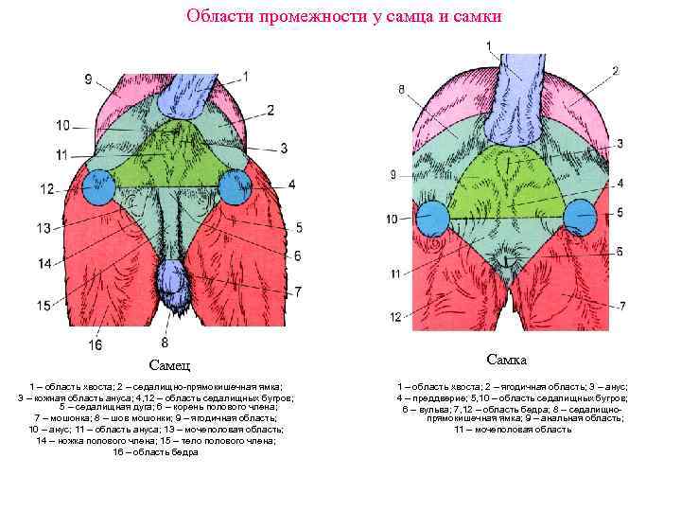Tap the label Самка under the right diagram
[x=507, y=361]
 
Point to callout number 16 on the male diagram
[x=96, y=345]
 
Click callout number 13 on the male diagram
[x=44, y=228]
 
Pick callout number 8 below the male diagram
[x=166, y=342]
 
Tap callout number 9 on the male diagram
[x=88, y=80]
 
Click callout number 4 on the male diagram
[x=292, y=183]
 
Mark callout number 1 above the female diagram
[x=489, y=45]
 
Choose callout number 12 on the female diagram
[x=395, y=316]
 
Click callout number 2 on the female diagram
[x=616, y=71]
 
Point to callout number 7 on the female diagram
[x=622, y=305]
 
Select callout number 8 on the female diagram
[x=402, y=90]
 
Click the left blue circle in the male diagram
[x=98, y=186]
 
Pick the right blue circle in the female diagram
[x=580, y=217]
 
